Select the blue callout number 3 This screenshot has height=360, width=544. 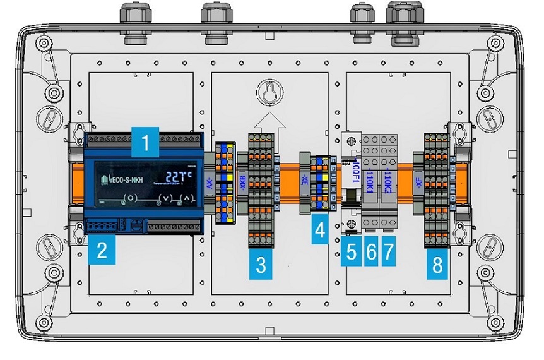point(261,264)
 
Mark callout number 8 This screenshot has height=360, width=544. point(437,264)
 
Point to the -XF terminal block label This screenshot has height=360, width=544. point(419,183)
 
